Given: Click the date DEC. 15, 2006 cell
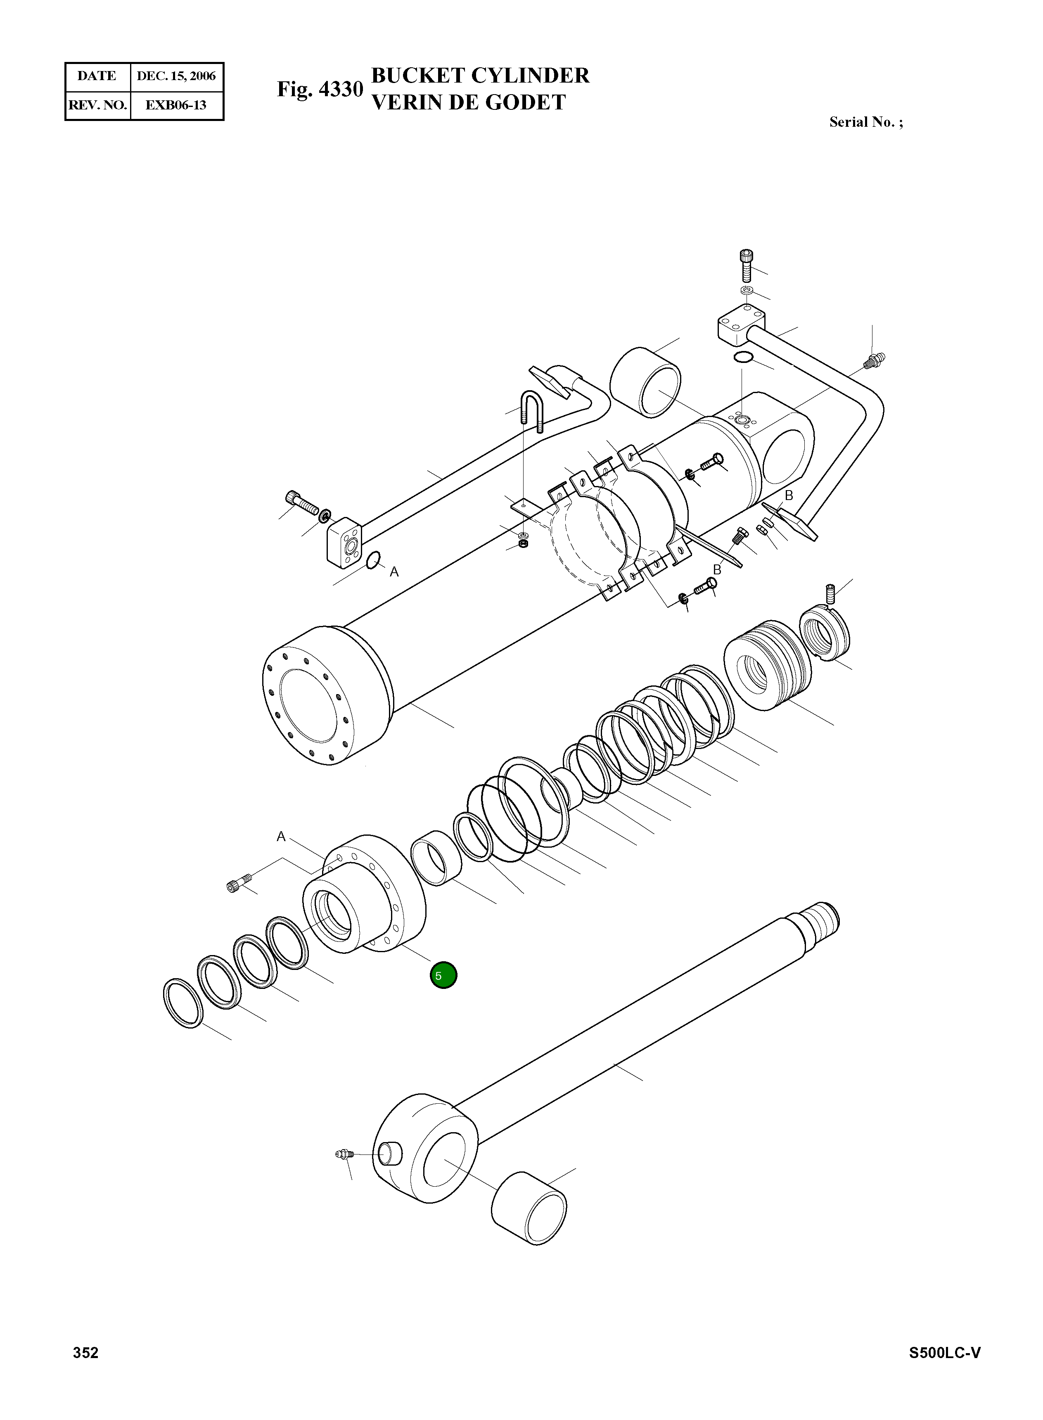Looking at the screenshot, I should click(x=176, y=76).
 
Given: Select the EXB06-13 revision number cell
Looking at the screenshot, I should click(x=176, y=105).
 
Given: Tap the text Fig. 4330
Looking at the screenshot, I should click(x=320, y=89).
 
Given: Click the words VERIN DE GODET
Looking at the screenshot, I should click(x=469, y=102).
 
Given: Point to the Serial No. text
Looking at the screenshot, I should click(x=865, y=123).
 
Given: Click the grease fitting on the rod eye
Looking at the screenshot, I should click(x=343, y=1155).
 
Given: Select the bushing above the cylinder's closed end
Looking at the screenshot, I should click(x=646, y=382).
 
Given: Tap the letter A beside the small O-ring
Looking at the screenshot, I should click(x=394, y=572).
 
